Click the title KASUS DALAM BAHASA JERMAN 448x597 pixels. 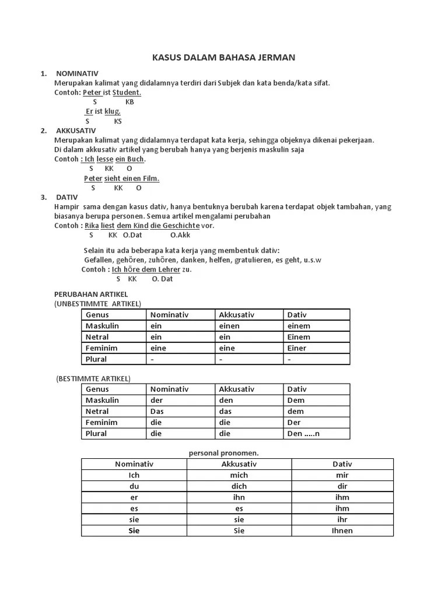(223, 57)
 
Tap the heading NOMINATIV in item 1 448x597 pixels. (77, 73)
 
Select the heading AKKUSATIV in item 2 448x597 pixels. (76, 131)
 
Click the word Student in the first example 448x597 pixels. (127, 92)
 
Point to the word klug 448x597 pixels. (113, 111)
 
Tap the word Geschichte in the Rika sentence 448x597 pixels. (182, 226)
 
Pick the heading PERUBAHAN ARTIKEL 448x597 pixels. (90, 294)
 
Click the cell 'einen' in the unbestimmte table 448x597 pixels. (229, 326)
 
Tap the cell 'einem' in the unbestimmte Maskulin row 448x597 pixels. (299, 326)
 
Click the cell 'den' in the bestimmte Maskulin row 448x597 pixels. (226, 401)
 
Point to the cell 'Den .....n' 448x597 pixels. (304, 434)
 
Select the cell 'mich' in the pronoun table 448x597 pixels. (239, 475)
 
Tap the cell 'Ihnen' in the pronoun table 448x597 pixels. (342, 531)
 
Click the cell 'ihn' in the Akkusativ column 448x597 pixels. (239, 497)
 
